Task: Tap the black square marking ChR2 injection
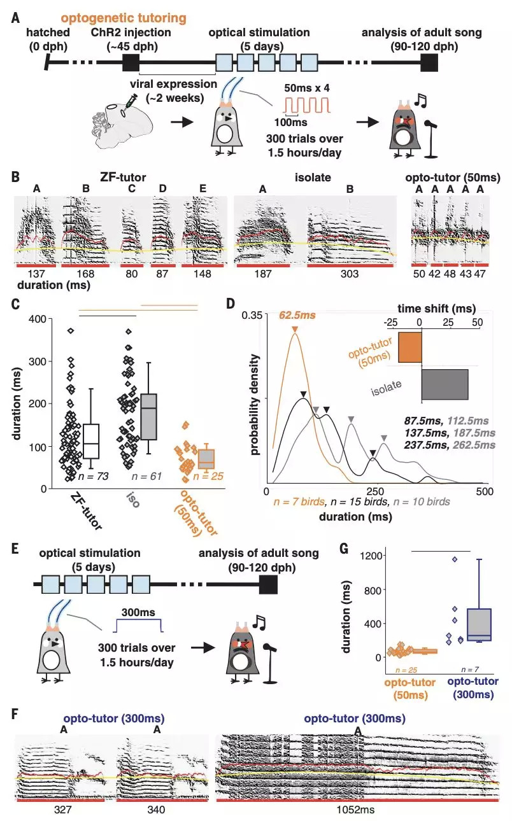tap(131, 62)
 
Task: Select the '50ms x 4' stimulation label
tap(308, 85)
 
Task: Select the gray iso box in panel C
tap(148, 417)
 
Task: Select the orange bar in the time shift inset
tap(409, 347)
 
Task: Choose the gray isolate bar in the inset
tap(444, 384)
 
